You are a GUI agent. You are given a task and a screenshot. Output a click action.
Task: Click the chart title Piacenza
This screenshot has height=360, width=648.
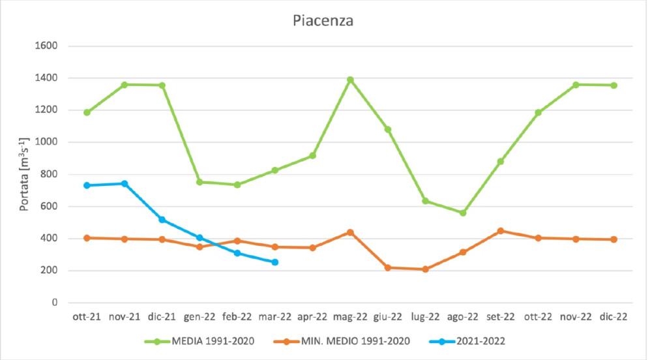tap(322, 20)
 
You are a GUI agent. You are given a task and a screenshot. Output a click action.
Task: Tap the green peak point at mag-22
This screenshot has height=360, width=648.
tap(350, 80)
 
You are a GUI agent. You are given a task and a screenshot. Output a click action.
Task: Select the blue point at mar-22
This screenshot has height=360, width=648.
tap(275, 262)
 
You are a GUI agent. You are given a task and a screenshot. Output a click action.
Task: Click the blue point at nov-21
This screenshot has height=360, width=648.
tap(125, 184)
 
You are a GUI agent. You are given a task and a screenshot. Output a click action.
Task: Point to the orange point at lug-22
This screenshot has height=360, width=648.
tap(426, 269)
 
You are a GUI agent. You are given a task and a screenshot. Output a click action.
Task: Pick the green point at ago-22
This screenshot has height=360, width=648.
tap(463, 213)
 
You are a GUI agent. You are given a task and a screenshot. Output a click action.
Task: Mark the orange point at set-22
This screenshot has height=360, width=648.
tap(501, 231)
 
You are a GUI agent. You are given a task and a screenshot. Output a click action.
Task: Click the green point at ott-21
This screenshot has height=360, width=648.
tap(87, 112)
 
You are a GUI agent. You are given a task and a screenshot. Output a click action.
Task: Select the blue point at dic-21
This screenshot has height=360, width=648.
tap(162, 219)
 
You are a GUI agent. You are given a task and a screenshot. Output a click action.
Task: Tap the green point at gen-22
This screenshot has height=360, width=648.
tap(199, 182)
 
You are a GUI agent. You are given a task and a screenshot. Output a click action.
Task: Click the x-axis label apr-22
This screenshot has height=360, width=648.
tap(312, 317)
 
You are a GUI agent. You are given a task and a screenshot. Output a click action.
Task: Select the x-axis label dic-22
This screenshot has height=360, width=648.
tap(613, 317)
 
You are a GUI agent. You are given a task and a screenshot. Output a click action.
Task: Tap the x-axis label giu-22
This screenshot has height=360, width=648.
tap(388, 317)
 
